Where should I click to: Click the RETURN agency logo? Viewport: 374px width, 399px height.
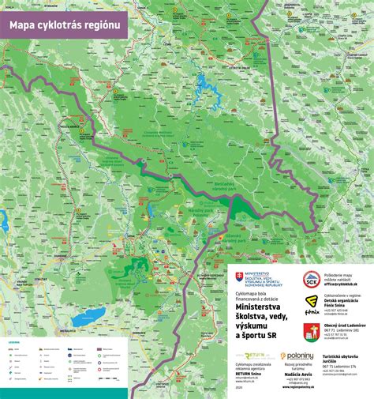(x=252, y=357)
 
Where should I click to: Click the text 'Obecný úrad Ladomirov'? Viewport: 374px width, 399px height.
(x=347, y=325)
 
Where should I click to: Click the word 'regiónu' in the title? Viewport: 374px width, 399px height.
(x=103, y=24)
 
